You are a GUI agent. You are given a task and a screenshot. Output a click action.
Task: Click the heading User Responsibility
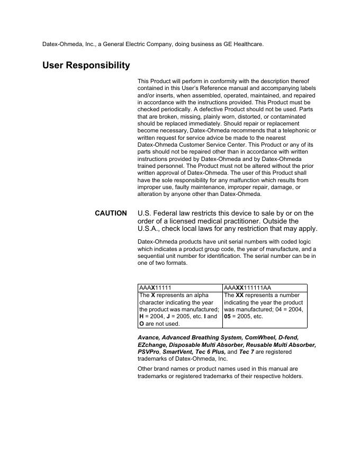click(86, 66)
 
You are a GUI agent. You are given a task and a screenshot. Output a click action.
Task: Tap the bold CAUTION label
click(111, 213)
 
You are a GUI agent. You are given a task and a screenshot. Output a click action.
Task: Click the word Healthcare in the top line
click(247, 44)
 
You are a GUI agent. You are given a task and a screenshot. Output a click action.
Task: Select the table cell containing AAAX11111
click(180, 288)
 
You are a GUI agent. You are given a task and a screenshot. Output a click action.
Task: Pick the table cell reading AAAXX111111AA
click(265, 288)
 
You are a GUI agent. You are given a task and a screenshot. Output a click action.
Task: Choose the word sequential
click(151, 256)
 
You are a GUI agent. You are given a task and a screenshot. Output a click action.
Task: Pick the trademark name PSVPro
click(148, 352)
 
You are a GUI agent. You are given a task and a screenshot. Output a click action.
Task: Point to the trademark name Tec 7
click(247, 352)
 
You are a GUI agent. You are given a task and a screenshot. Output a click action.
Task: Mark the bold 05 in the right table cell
click(228, 316)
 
